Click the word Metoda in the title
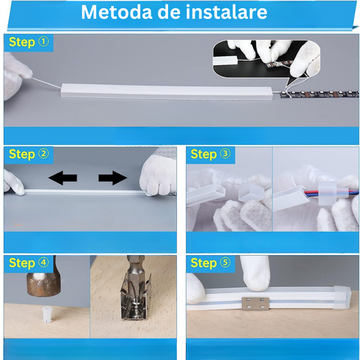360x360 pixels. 116,12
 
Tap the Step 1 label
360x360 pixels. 28,42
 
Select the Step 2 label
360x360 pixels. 28,154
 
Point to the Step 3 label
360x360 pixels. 211,154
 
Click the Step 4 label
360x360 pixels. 28,263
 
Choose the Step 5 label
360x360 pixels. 211,263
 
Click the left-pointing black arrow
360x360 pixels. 63,178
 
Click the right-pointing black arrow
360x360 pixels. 112,178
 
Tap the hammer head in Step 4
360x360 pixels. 43,284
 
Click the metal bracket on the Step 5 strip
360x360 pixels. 255,303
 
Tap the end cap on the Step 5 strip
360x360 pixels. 342,298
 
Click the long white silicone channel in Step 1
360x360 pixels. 166,91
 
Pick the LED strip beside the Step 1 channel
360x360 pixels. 319,94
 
